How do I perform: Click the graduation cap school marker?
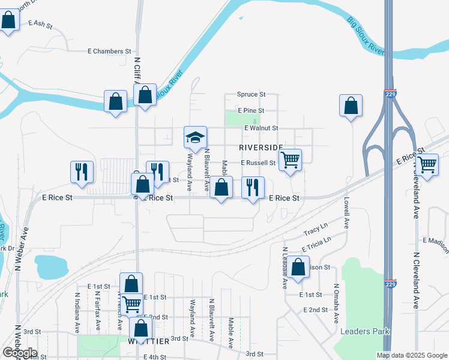(x=195, y=137)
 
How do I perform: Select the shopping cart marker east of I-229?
(x=427, y=164)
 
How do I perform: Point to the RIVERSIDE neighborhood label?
(x=261, y=147)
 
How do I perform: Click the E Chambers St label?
(x=109, y=52)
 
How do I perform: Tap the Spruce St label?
(x=251, y=94)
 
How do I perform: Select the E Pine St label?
(x=251, y=111)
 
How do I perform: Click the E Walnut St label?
(x=261, y=128)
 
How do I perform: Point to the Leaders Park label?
(x=364, y=331)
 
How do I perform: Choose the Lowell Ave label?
(x=346, y=214)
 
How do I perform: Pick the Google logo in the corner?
(x=20, y=353)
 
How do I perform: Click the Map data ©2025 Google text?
(x=411, y=355)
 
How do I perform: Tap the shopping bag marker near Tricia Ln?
(x=298, y=267)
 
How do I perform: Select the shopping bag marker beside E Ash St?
(x=9, y=20)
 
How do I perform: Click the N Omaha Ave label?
(x=336, y=303)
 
